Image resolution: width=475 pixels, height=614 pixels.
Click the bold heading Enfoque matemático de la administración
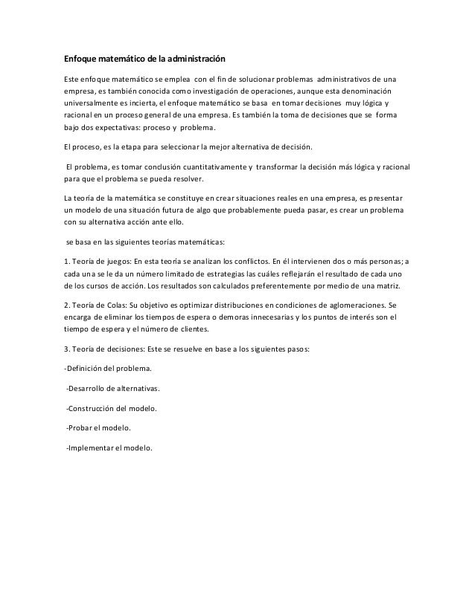(x=143, y=58)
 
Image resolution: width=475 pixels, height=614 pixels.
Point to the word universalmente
(x=93, y=104)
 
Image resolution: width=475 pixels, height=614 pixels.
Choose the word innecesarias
(x=265, y=318)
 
